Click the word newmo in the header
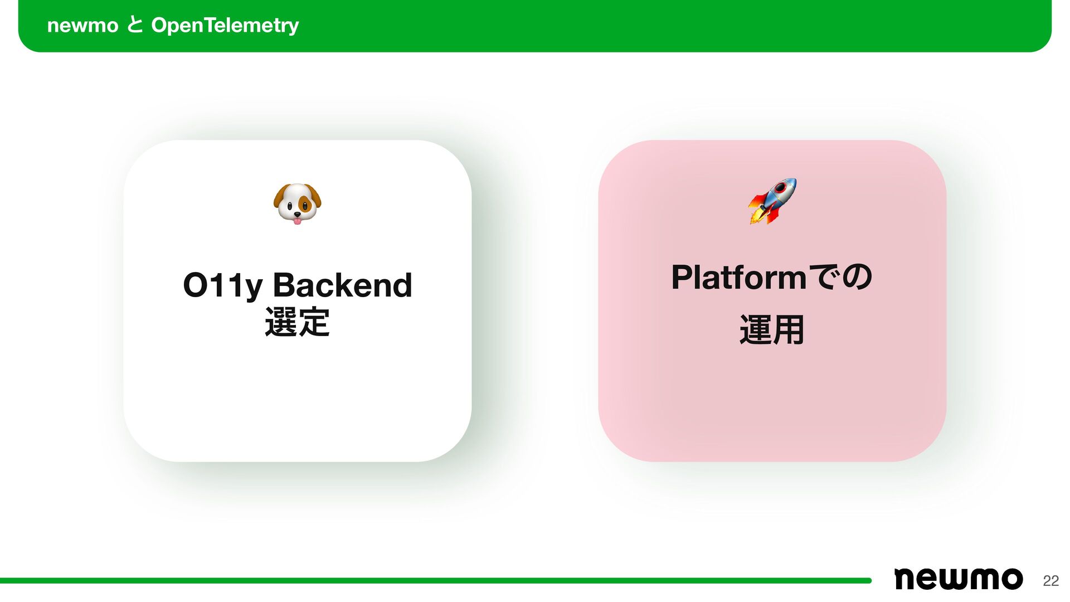(x=82, y=26)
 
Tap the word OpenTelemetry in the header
(x=225, y=26)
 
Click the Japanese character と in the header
(x=135, y=25)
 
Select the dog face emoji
(x=297, y=203)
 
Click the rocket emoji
(x=772, y=201)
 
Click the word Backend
(x=342, y=285)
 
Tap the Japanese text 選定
(x=297, y=322)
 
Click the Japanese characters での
(x=840, y=277)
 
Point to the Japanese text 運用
(x=772, y=329)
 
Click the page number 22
(x=1050, y=581)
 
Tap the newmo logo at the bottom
(x=958, y=579)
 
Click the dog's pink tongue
(x=298, y=221)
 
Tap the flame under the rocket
(x=756, y=215)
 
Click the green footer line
(x=435, y=581)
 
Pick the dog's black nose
(x=298, y=214)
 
